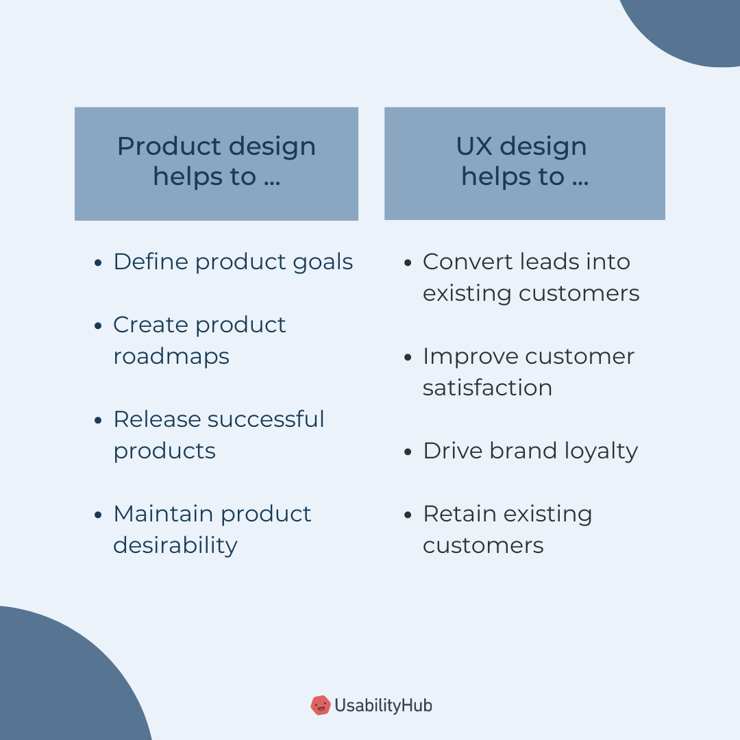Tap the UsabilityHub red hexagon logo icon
click(320, 705)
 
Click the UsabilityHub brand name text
click(383, 705)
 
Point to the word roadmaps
click(171, 356)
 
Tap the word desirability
click(175, 545)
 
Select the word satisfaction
click(487, 388)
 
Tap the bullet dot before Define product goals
click(99, 262)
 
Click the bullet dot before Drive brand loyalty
click(408, 452)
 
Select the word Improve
click(470, 357)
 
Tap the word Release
click(156, 419)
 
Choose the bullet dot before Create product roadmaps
click(99, 325)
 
